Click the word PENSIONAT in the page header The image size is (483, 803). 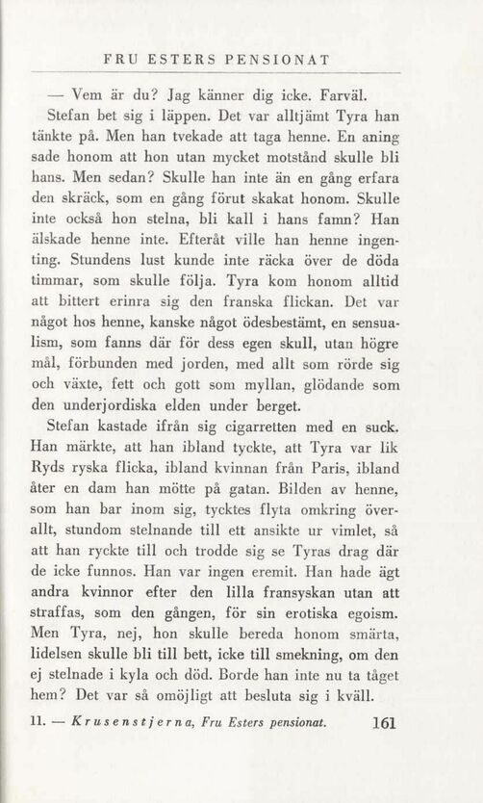tap(276, 60)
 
